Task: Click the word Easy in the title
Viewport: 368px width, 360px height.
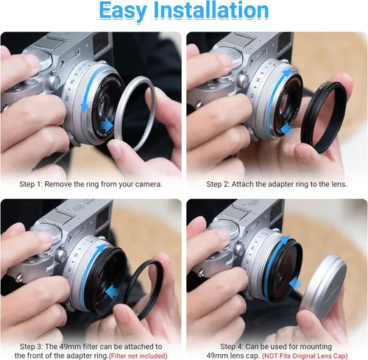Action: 123,11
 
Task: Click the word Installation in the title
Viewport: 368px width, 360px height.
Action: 211,10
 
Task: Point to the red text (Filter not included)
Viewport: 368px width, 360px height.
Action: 138,356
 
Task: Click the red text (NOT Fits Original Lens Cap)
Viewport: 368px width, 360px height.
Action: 305,356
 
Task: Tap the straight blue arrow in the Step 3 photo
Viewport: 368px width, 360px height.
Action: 113,291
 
